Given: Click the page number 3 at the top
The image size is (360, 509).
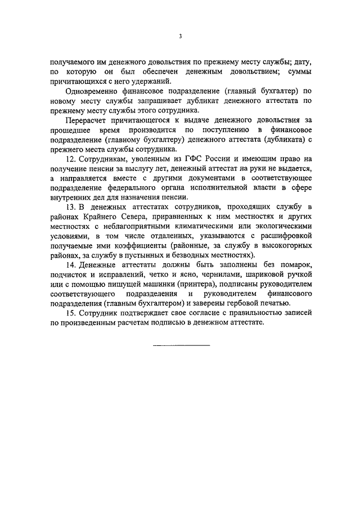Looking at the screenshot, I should point(180,37).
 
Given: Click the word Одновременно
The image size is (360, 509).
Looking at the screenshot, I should point(91,91).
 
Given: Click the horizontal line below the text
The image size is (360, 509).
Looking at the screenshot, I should point(180,344).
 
